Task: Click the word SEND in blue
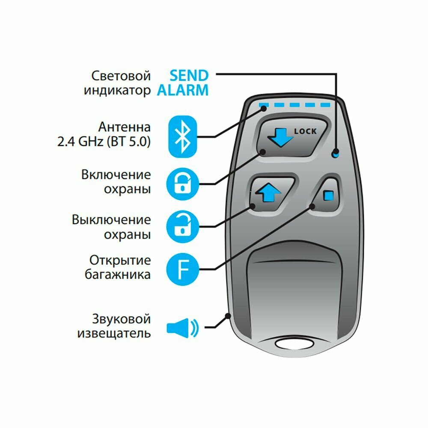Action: pos(189,76)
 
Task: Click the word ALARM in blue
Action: pos(183,90)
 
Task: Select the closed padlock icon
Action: pos(183,182)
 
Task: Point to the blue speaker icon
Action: pos(183,328)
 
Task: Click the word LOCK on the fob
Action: pos(305,131)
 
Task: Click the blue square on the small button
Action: pos(329,196)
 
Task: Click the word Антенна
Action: pos(124,127)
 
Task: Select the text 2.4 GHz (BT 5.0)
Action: pos(104,142)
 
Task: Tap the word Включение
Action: pos(116,175)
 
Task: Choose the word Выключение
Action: pos(111,220)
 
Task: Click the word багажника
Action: pos(117,274)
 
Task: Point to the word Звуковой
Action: pos(121,319)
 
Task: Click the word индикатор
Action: pos(117,90)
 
